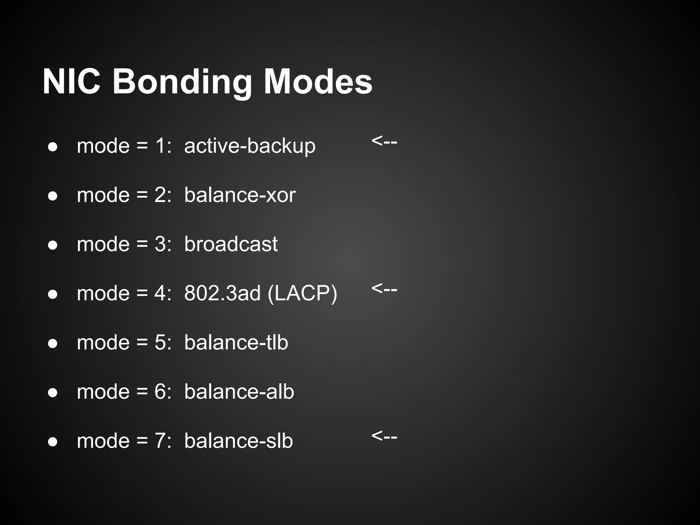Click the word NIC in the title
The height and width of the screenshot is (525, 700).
[x=71, y=82]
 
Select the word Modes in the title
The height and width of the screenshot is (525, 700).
[x=318, y=82]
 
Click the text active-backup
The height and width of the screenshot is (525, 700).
[x=250, y=146]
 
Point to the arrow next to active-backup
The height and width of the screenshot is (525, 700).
[x=384, y=141]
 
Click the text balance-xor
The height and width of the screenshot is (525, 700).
[x=240, y=195]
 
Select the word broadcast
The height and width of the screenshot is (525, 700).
[x=231, y=244]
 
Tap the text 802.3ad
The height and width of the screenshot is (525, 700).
[x=222, y=294]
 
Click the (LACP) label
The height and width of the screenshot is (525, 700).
[x=302, y=294]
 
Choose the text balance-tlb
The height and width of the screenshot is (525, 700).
[x=236, y=342]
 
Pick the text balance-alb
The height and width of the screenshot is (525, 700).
[x=239, y=392]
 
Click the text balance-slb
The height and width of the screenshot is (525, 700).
[x=239, y=441]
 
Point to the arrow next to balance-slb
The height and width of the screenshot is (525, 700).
[x=384, y=436]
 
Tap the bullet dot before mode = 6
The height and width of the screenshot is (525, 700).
[x=53, y=393]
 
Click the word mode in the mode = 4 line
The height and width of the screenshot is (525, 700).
[x=103, y=294]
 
